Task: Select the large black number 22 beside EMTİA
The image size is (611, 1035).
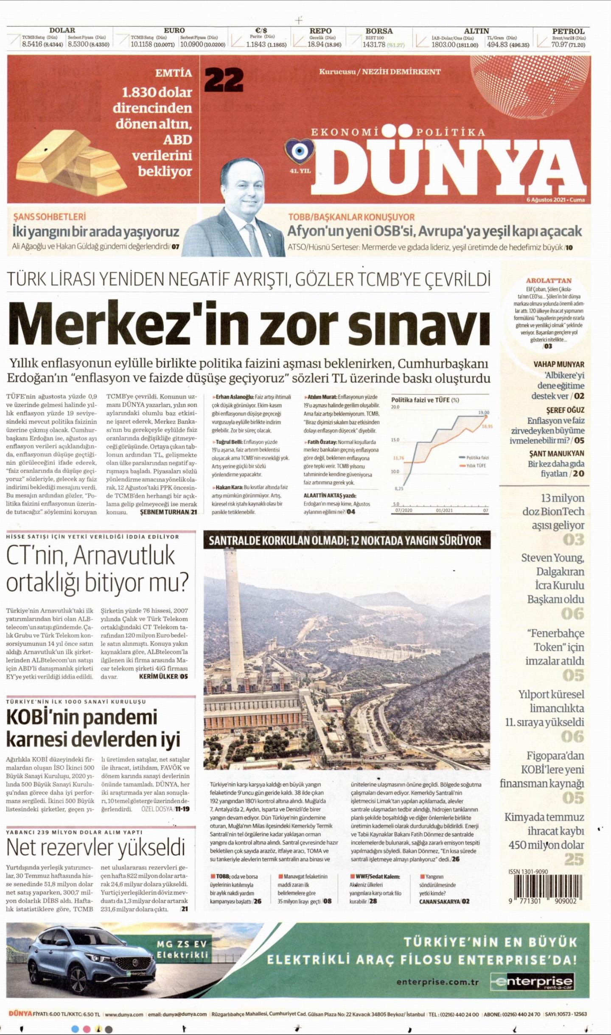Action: pos(224,79)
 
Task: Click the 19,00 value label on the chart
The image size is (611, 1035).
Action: pos(484,412)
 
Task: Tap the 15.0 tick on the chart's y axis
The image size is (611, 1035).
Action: pos(395,440)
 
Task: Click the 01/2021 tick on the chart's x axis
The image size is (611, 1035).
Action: pos(444,510)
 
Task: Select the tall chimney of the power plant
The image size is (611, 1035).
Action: pos(232,615)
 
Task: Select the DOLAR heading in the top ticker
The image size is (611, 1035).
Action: pos(62,31)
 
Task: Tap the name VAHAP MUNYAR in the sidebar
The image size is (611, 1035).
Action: pos(558,364)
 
